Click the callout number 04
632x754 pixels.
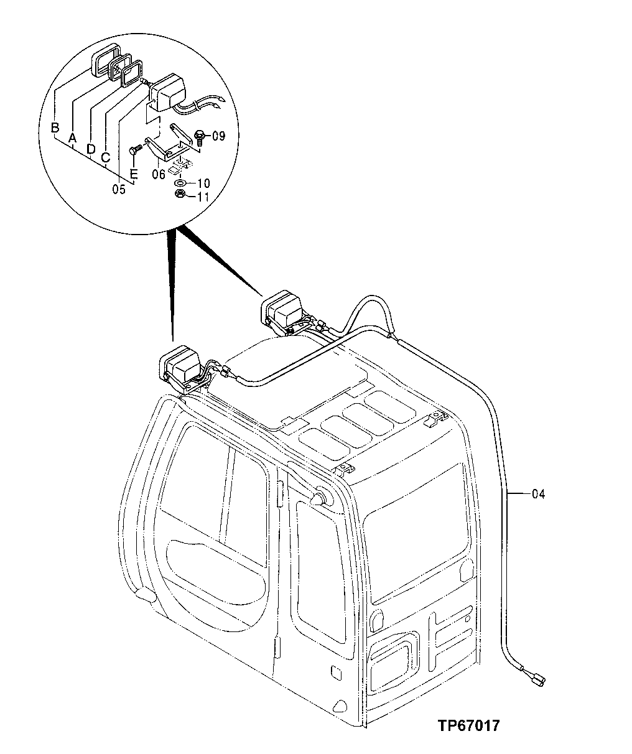point(538,495)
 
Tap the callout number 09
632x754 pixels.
point(218,135)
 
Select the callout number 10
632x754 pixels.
point(204,184)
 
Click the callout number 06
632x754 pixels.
point(159,175)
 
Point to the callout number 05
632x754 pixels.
point(119,190)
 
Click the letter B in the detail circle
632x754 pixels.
point(55,128)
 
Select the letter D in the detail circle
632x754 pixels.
point(91,149)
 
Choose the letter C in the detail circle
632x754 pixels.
point(106,158)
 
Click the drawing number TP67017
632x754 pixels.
point(468,726)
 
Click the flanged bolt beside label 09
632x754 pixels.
point(200,136)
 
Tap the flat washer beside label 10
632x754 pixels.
point(179,184)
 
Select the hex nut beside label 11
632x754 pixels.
point(179,195)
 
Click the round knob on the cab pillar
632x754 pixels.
point(319,500)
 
